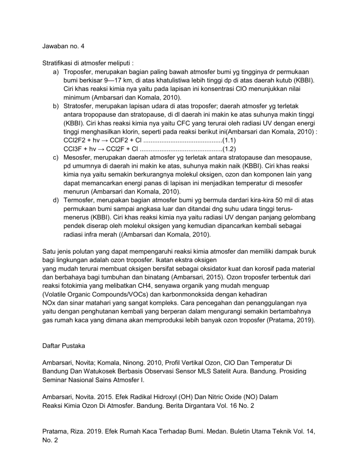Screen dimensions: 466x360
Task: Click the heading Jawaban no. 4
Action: coord(62,46)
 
